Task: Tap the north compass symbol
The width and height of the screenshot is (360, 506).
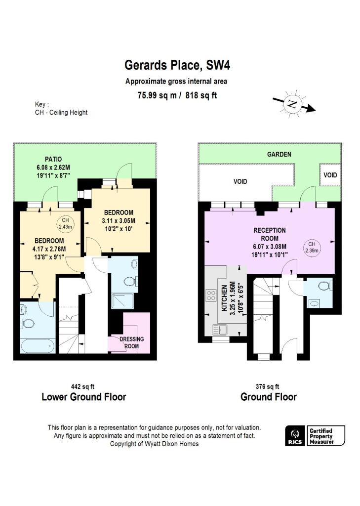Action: (293, 104)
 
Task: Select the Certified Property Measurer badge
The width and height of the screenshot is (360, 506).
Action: (326, 436)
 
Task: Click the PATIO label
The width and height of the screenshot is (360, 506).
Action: (53, 159)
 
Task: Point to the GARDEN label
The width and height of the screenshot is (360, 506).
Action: (279, 154)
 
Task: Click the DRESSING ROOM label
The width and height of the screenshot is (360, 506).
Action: (132, 342)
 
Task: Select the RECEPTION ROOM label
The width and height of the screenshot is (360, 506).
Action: (270, 234)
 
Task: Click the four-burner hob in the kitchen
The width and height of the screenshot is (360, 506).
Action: (211, 296)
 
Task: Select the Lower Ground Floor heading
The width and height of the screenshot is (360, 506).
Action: (83, 397)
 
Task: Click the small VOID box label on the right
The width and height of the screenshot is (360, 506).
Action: (330, 175)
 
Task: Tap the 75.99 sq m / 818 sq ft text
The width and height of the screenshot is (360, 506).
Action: (177, 96)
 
